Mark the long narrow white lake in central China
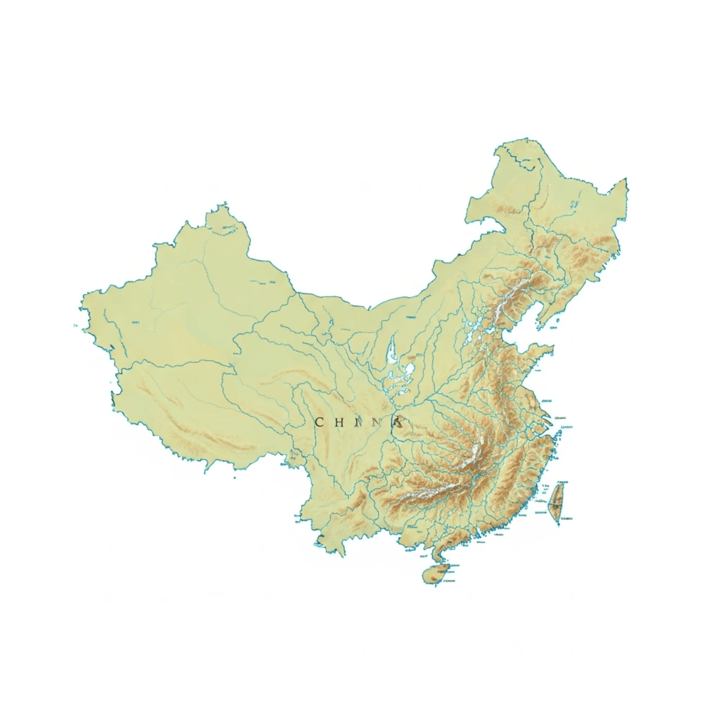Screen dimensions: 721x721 (x=392, y=351)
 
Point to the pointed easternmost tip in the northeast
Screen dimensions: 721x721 (x=625, y=180)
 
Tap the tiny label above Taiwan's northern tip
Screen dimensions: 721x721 (x=563, y=482)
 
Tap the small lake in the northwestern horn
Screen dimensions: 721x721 (x=229, y=228)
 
